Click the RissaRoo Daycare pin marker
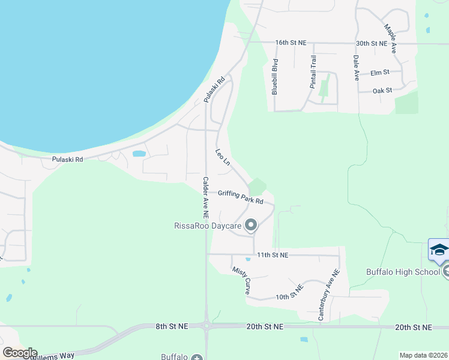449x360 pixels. tap(251, 226)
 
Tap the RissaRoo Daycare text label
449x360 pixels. tap(207, 226)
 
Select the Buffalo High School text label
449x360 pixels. tap(403, 272)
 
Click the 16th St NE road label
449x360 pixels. tap(291, 43)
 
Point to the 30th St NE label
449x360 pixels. tap(371, 43)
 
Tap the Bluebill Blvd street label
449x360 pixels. tap(275, 77)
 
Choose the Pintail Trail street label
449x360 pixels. tap(313, 72)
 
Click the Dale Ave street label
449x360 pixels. tap(356, 68)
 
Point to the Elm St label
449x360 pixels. tap(380, 73)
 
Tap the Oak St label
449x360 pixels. tap(382, 91)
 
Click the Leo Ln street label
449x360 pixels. tap(223, 157)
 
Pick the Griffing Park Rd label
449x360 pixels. tap(241, 197)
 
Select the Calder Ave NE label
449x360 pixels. tap(205, 196)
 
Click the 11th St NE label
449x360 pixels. tap(273, 255)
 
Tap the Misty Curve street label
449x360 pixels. tap(241, 280)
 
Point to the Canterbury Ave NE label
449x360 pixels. tap(329, 293)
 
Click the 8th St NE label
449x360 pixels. tap(172, 326)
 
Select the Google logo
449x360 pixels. tap(19, 353)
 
